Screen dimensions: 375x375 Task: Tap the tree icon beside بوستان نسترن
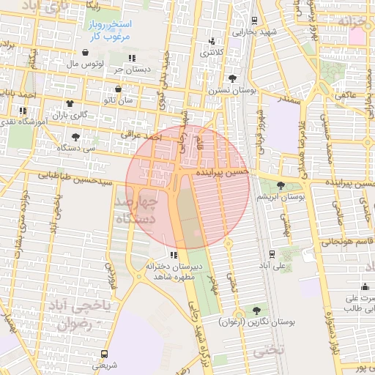(x=233, y=78)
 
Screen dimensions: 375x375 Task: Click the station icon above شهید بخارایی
(x=253, y=21)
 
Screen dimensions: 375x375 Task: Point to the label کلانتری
(x=212, y=53)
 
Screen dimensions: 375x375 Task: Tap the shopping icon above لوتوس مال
(x=87, y=53)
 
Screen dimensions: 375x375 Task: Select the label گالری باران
(x=73, y=115)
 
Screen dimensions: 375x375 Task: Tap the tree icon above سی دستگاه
(x=75, y=136)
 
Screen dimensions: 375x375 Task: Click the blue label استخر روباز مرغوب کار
(x=104, y=30)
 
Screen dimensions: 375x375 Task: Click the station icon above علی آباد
(x=272, y=253)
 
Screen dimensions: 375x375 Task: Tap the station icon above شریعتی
(x=103, y=353)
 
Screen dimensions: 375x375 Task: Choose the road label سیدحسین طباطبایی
(x=77, y=178)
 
